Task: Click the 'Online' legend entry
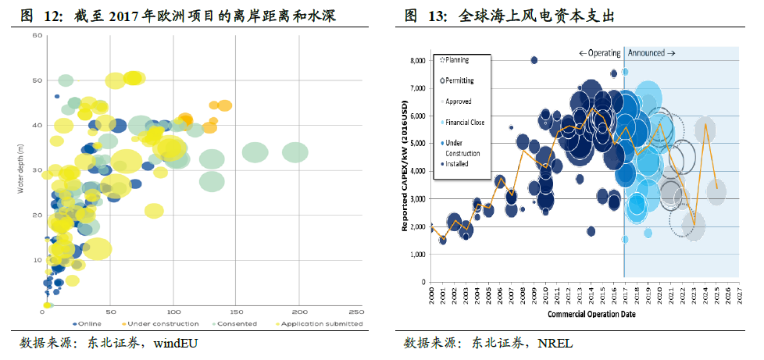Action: pos(88,323)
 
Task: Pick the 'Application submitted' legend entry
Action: pos(320,323)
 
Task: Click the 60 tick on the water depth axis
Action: pos(37,36)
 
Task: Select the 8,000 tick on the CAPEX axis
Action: pos(417,60)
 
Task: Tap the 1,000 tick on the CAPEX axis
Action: pos(417,255)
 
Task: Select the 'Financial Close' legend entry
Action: pos(466,123)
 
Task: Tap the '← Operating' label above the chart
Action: pos(600,53)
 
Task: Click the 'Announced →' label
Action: pos(652,53)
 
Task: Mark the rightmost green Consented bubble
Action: pos(295,152)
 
